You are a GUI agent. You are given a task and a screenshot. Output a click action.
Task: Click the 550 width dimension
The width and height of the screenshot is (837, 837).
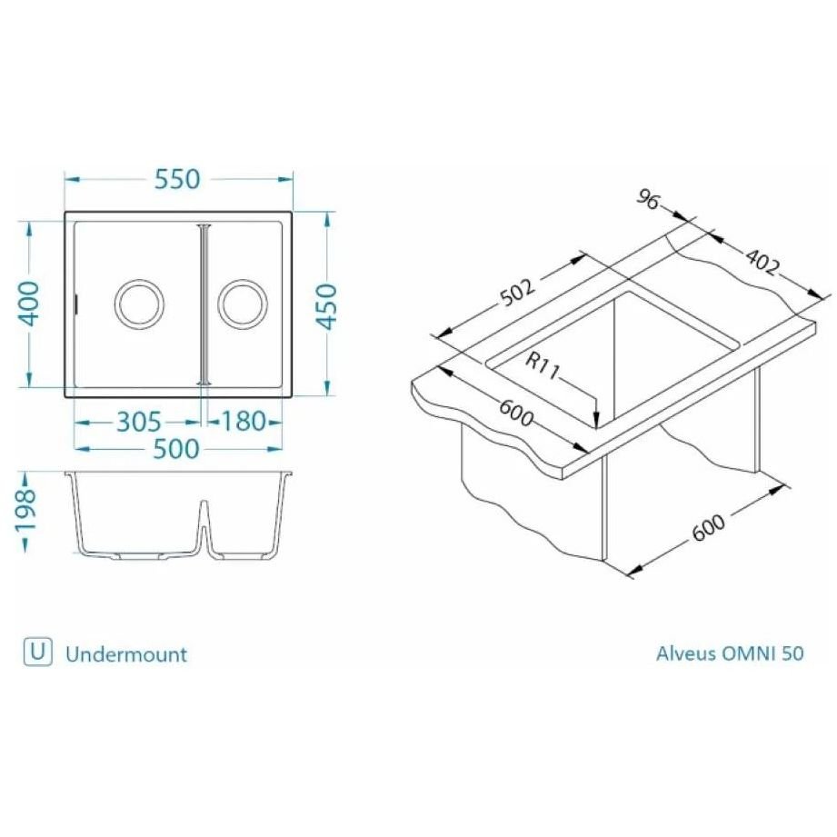(x=176, y=180)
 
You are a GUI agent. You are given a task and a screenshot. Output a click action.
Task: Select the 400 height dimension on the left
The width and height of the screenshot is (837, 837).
(x=30, y=304)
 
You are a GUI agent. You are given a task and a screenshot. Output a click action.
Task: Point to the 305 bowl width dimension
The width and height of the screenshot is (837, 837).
(x=138, y=422)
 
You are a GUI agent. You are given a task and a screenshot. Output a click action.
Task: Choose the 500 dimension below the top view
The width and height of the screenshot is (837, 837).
(x=176, y=448)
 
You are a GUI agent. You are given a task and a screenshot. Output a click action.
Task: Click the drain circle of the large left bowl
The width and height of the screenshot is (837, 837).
(x=139, y=303)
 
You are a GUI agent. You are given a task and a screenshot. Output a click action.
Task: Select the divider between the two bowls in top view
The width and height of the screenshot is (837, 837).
(x=204, y=304)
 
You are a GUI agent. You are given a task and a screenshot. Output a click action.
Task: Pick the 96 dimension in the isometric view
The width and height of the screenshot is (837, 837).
(x=647, y=200)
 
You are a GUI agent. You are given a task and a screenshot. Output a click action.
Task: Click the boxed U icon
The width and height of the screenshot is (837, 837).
(x=36, y=652)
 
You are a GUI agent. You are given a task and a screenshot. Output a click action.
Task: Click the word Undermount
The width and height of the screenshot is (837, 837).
(x=126, y=653)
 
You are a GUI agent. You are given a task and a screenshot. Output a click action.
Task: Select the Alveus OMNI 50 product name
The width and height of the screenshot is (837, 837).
(x=730, y=653)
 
